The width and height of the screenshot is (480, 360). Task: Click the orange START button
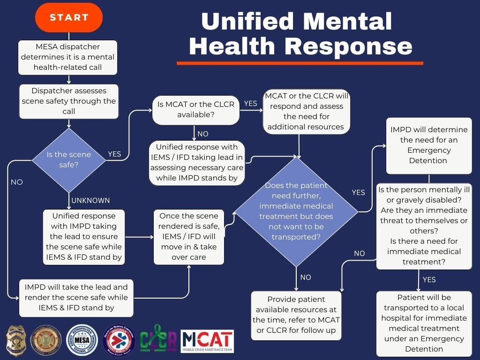[69, 18]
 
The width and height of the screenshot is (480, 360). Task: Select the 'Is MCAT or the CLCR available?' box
[196, 109]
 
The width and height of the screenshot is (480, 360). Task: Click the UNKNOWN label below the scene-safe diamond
[90, 200]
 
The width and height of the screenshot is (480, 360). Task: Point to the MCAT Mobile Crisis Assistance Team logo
[207, 341]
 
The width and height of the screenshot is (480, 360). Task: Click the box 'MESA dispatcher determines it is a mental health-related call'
[67, 57]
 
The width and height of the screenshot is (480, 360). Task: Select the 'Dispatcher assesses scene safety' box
[69, 101]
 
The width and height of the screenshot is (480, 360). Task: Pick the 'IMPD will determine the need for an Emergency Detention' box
[428, 145]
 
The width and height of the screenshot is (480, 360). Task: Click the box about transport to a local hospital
[424, 323]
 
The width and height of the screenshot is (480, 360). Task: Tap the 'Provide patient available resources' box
[296, 315]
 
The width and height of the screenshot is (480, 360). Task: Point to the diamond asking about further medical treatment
[296, 211]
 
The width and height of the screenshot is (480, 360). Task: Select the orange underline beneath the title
[300, 63]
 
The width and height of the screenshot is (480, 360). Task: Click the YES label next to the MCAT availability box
[251, 104]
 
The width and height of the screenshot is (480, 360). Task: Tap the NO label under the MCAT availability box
[202, 134]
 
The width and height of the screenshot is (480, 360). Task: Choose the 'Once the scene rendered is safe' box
[189, 237]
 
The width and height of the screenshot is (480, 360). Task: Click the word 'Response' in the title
[348, 46]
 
